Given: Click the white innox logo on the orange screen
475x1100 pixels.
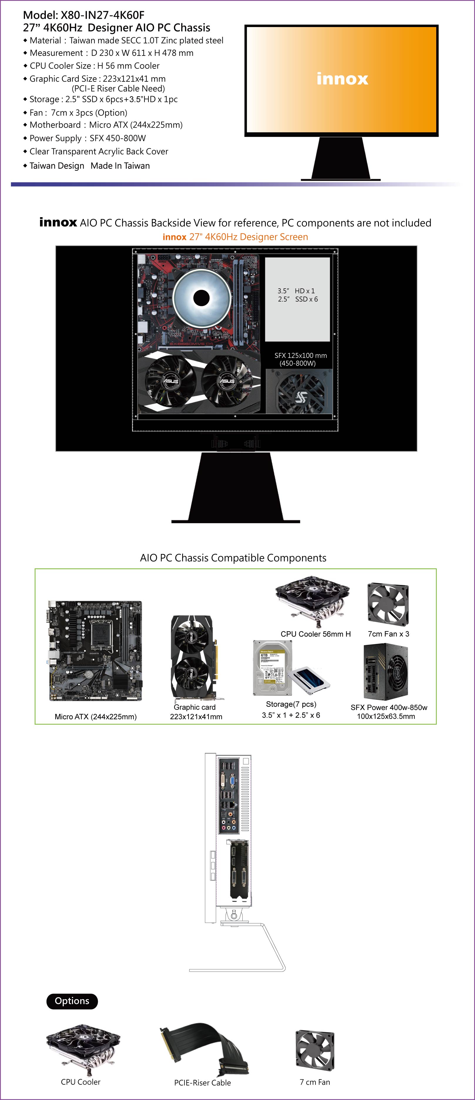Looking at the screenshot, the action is click(342, 79).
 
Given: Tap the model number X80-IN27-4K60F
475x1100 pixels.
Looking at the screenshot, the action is click(103, 15).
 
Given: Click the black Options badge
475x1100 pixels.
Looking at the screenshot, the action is click(72, 1001).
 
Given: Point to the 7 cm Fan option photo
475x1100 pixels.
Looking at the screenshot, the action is click(315, 1050).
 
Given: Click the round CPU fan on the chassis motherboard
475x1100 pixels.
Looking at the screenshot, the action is click(201, 298).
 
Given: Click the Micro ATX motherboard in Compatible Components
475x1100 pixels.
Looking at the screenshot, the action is click(95, 651).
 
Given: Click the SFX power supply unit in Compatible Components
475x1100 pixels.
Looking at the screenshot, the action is click(386, 672).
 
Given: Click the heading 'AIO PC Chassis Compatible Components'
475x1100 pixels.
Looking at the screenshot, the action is click(233, 558).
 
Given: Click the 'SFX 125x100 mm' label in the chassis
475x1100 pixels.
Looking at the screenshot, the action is click(301, 355).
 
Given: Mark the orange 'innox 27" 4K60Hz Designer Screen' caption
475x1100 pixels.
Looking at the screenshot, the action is click(235, 237).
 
